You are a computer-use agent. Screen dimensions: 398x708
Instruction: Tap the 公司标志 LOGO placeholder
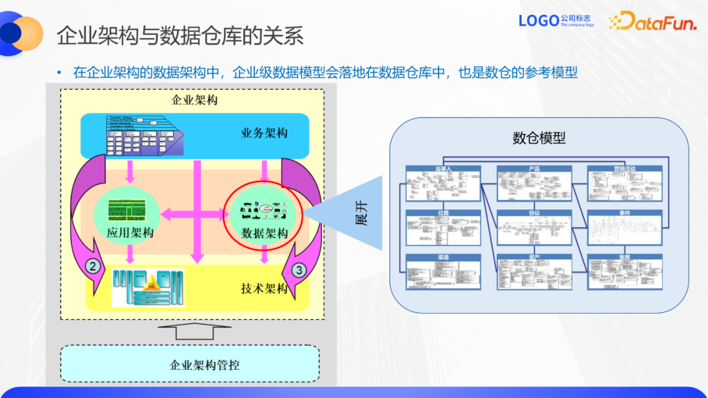(556, 21)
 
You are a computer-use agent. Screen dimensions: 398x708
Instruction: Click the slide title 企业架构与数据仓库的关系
(180, 35)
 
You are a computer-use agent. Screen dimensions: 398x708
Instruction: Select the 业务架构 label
(264, 134)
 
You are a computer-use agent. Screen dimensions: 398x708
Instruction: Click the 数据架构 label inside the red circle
(265, 233)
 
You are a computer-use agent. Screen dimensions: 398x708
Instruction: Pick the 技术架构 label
(264, 289)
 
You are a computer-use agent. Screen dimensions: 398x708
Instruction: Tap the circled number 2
(94, 266)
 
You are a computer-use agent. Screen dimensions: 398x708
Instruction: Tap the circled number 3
(299, 269)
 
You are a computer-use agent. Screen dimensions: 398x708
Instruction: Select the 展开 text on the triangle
(361, 213)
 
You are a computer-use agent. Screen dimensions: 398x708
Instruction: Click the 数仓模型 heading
(539, 138)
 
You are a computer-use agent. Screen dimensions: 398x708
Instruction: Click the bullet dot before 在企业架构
(59, 73)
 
